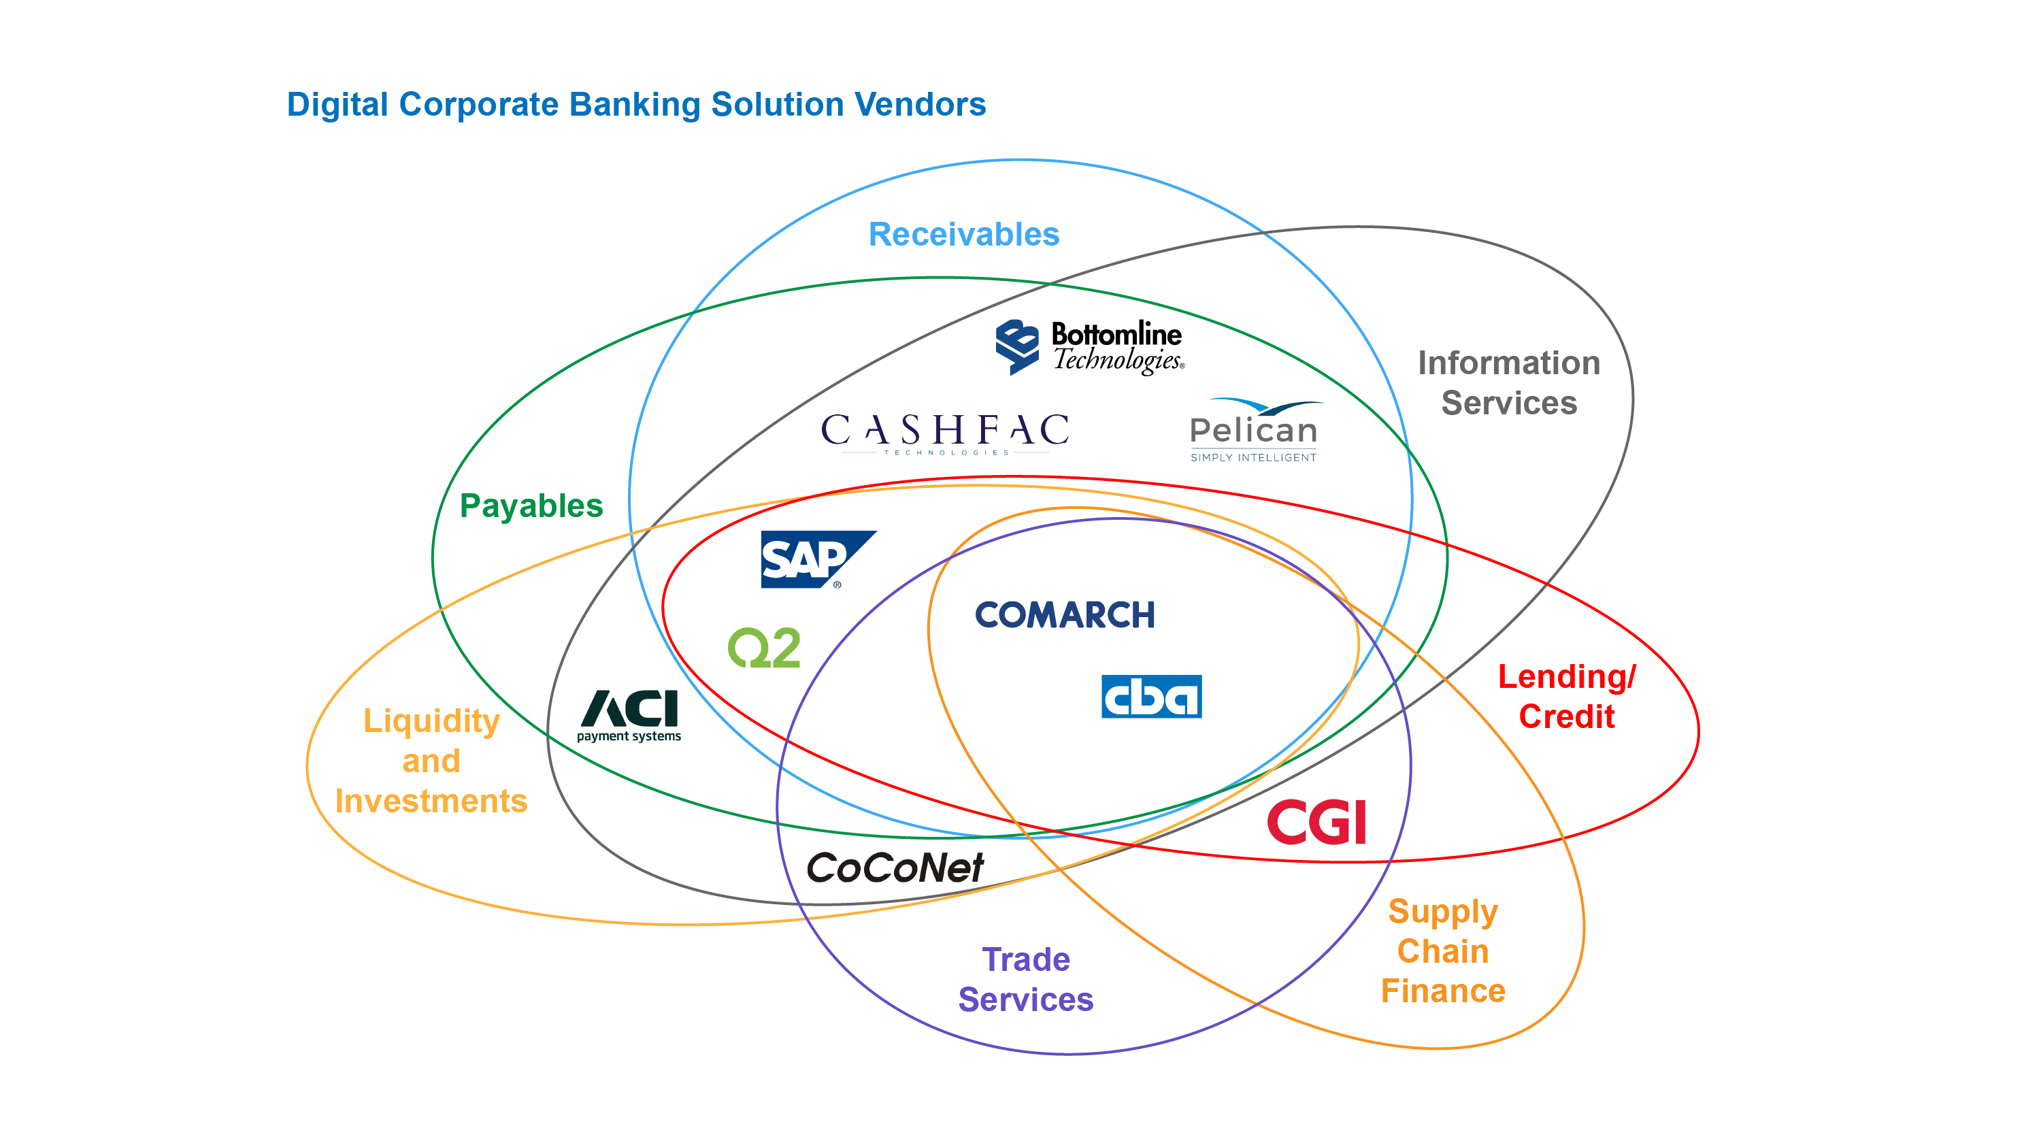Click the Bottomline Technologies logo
1089,346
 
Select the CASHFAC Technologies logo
944,433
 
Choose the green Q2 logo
764,648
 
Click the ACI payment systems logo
629,714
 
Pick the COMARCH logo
1064,615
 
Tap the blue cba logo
1150,697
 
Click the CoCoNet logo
895,867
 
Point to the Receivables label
963,235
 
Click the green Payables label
531,506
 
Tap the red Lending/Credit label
1566,697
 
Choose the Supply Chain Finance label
1443,951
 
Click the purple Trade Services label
1025,979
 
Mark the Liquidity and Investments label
431,761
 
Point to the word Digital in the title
337,105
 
